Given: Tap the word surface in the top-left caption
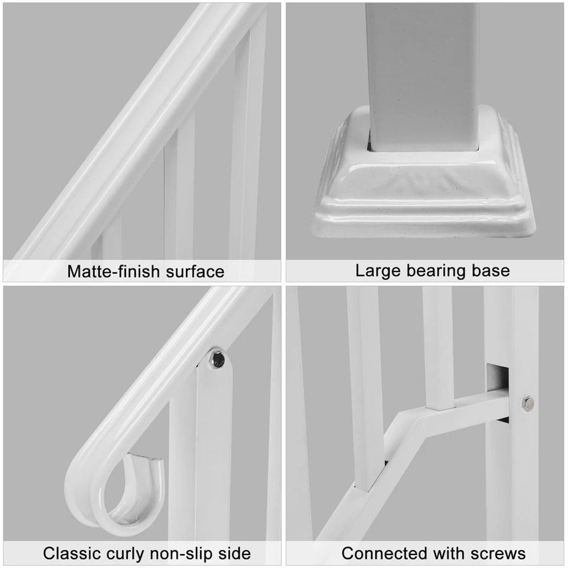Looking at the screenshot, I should pyautogui.click(x=194, y=272).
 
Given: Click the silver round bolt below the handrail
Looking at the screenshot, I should pyautogui.click(x=216, y=358).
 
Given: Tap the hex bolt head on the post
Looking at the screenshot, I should pyautogui.click(x=527, y=403).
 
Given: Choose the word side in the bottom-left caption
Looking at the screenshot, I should pyautogui.click(x=235, y=553).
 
